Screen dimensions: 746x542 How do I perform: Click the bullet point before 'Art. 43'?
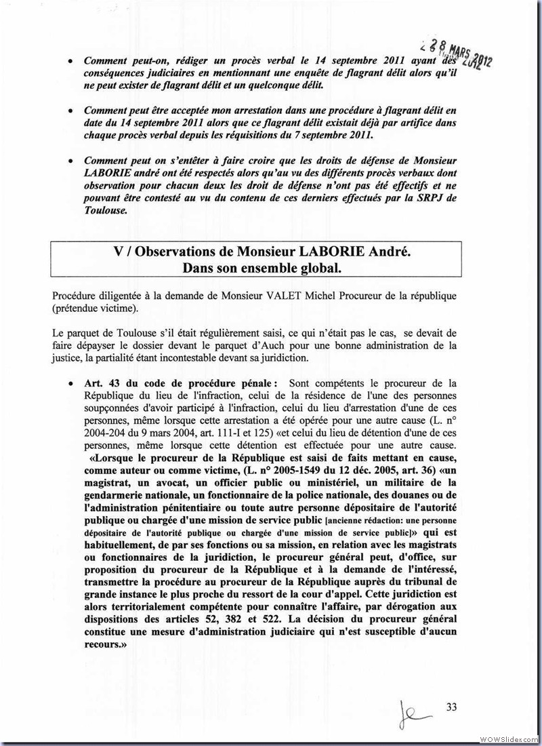tap(71, 384)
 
